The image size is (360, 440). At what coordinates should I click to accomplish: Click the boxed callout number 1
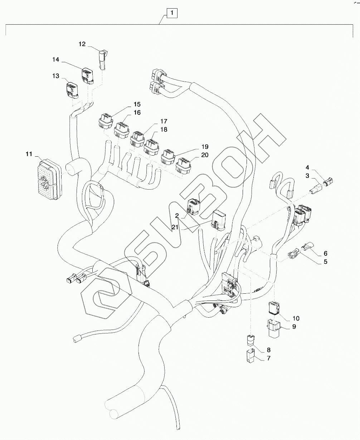(x=172, y=14)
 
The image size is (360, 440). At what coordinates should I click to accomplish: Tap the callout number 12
(x=82, y=44)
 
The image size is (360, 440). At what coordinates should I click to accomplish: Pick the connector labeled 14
(x=87, y=75)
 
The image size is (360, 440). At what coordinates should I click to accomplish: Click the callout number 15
(x=137, y=104)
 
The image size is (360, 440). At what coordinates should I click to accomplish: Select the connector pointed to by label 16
(x=122, y=130)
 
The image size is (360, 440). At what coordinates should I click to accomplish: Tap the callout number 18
(x=164, y=129)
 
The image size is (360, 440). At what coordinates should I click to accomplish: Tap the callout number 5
(x=325, y=261)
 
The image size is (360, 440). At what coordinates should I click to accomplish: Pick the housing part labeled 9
(x=273, y=329)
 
